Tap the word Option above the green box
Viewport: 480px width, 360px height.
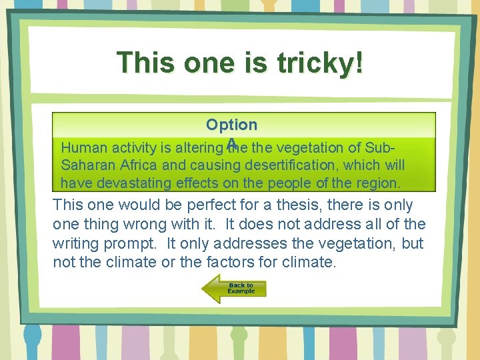click(x=231, y=125)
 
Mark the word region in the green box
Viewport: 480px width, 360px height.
click(x=375, y=183)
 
